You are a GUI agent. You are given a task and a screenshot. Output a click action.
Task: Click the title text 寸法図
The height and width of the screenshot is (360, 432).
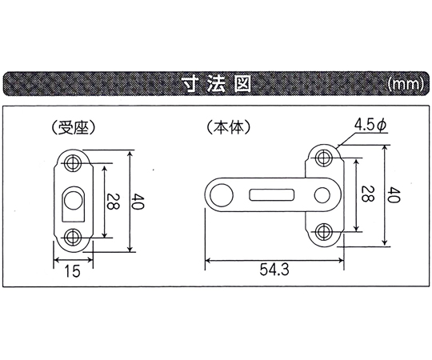(x=216, y=84)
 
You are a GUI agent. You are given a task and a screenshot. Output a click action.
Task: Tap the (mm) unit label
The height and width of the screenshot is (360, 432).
(x=405, y=84)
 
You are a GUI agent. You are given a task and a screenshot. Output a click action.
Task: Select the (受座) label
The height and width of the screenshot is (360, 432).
(x=74, y=127)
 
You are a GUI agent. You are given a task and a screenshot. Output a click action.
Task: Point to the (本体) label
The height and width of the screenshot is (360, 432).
(x=229, y=127)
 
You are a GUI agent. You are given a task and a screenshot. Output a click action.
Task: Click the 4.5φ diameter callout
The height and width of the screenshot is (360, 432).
(x=371, y=126)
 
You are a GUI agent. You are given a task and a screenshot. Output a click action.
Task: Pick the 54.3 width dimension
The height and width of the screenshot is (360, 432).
(x=274, y=270)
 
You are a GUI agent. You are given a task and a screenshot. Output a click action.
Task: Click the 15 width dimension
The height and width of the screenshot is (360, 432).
(x=73, y=270)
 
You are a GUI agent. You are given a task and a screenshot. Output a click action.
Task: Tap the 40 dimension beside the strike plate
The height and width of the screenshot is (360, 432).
(x=138, y=202)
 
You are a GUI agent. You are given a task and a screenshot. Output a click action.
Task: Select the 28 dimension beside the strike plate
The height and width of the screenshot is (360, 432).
(x=113, y=202)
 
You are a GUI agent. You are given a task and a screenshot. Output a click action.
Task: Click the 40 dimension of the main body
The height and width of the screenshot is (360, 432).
(x=394, y=195)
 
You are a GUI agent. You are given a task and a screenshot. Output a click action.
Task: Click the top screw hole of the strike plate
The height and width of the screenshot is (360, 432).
(x=73, y=162)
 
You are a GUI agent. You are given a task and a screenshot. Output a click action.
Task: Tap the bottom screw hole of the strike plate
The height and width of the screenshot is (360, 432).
(x=73, y=237)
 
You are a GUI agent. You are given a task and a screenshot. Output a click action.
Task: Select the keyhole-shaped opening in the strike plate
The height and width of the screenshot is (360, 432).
(x=73, y=204)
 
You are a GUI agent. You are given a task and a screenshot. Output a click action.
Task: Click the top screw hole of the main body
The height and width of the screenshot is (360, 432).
(x=324, y=158)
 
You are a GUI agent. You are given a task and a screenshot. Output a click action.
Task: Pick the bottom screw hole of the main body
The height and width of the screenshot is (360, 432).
(x=324, y=232)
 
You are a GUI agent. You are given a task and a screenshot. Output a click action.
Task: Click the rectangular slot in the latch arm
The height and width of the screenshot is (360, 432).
(x=272, y=194)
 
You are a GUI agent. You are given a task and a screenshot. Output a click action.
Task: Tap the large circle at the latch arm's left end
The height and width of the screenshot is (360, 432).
(x=222, y=195)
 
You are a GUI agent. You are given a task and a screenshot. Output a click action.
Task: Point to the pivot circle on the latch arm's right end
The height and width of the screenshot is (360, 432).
(x=322, y=195)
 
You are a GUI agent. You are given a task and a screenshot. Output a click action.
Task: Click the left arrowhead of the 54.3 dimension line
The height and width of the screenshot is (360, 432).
(x=208, y=260)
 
